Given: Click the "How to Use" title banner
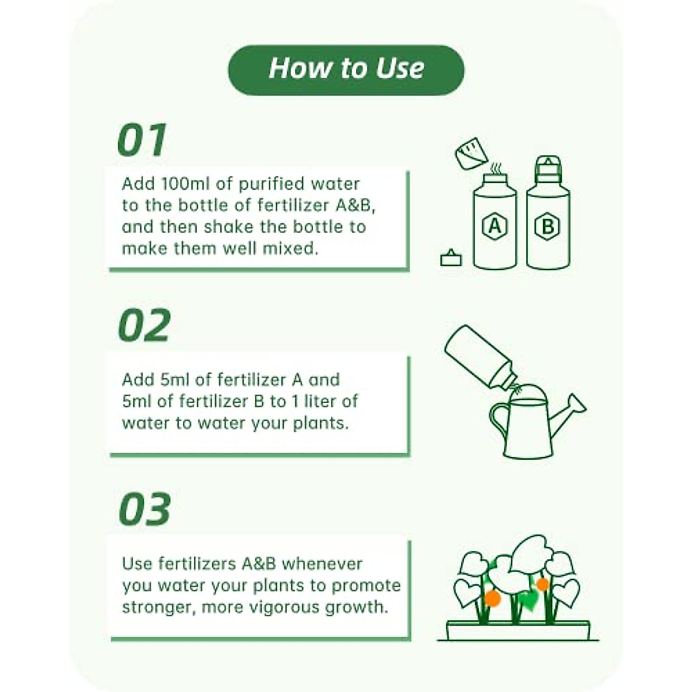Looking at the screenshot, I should (346, 69).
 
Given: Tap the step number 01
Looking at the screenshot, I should (142, 140).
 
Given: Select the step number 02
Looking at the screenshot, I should (144, 326).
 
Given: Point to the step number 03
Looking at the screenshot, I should (144, 509).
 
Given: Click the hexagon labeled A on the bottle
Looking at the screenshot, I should (494, 227).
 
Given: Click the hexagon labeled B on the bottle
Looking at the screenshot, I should (547, 227).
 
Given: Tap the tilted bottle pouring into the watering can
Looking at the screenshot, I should (479, 356).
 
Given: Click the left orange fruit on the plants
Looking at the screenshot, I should (492, 599).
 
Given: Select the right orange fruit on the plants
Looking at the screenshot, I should (542, 584).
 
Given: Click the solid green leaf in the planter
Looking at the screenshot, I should (528, 600).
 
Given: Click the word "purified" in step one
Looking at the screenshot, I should (271, 184).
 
